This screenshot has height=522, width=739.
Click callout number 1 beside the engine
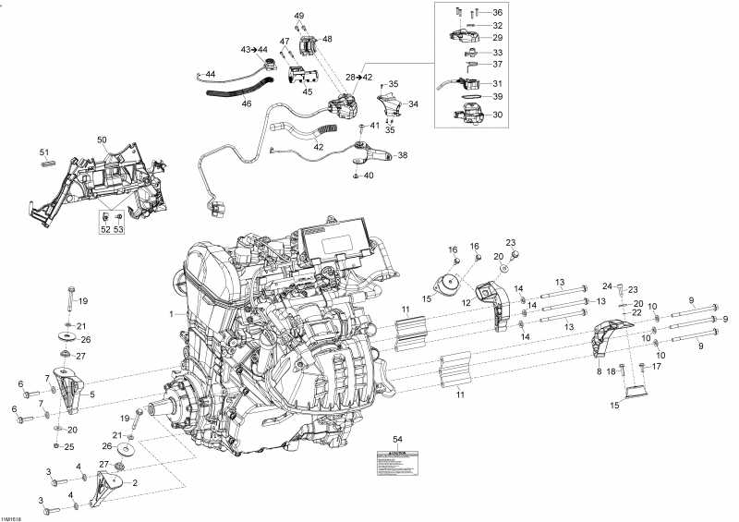(x=171, y=314)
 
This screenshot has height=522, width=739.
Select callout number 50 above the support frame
(x=103, y=140)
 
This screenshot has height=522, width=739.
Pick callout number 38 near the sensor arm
(x=402, y=155)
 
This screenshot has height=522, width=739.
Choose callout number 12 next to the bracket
(x=467, y=301)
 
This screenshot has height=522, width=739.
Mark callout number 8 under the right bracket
(x=599, y=370)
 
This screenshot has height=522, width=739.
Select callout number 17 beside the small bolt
(x=657, y=367)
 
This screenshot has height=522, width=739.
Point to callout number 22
(x=637, y=314)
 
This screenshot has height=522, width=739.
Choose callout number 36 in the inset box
(x=497, y=12)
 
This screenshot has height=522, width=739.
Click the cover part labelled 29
(x=463, y=36)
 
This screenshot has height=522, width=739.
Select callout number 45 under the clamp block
(x=307, y=91)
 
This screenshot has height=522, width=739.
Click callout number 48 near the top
(x=327, y=40)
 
